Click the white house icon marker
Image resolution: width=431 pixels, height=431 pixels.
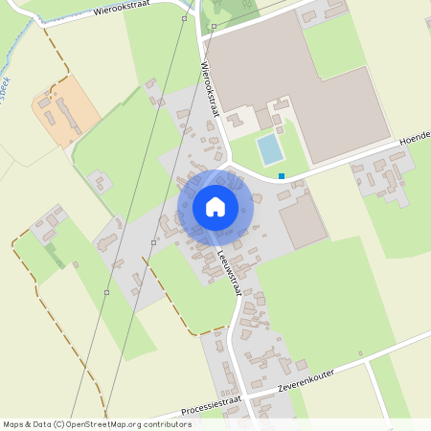pos(215,206)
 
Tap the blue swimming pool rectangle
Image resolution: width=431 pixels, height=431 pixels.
pos(270,149)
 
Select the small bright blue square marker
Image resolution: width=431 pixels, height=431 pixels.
pos(282,175)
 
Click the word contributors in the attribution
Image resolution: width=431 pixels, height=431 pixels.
pos(162,423)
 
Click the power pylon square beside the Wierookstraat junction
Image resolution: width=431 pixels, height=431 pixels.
pos(214,27)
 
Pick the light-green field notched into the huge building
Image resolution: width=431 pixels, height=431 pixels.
pos(334,48)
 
